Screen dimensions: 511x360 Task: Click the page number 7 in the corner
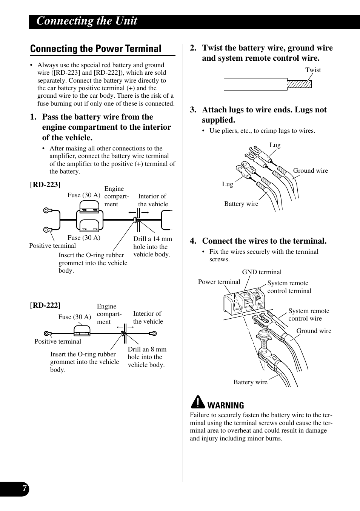pyautogui.click(x=24, y=489)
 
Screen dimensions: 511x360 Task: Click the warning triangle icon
pyautogui.click(x=197, y=403)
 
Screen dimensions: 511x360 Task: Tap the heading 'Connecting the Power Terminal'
pyautogui.click(x=96, y=49)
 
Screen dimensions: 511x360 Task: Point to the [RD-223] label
pyautogui.click(x=45, y=184)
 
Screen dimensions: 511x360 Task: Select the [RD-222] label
pyautogui.click(x=45, y=305)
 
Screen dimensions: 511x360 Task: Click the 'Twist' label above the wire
pyautogui.click(x=313, y=70)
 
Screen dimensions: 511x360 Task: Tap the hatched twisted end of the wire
pyautogui.click(x=299, y=84)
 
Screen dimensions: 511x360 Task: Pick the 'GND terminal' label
pyautogui.click(x=262, y=272)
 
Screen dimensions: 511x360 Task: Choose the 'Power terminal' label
pyautogui.click(x=219, y=282)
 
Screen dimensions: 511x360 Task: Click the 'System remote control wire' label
pyautogui.click(x=309, y=315)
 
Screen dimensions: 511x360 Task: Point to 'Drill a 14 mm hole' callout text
pyautogui.click(x=152, y=247)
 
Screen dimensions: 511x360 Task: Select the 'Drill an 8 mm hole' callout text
pyautogui.click(x=147, y=357)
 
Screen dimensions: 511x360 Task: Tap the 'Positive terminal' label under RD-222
pyautogui.click(x=58, y=341)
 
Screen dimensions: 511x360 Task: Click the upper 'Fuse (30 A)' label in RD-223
pyautogui.click(x=84, y=195)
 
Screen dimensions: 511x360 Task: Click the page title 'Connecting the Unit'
pyautogui.click(x=87, y=21)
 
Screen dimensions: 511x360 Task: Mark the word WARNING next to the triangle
pyautogui.click(x=226, y=405)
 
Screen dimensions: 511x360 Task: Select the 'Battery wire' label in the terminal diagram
pyautogui.click(x=250, y=382)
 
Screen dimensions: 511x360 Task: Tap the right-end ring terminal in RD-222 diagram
pyautogui.click(x=153, y=333)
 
